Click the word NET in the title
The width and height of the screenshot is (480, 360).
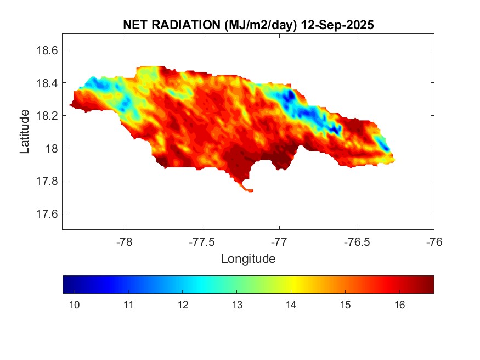click(x=135, y=25)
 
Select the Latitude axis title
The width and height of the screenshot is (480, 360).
click(x=25, y=131)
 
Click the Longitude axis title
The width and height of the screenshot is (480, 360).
click(x=248, y=258)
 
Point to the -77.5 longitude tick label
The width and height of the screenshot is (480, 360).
click(x=202, y=241)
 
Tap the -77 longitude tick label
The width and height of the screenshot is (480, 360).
click(x=279, y=241)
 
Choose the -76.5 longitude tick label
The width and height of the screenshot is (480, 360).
click(x=357, y=241)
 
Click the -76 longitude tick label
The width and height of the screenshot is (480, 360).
click(x=434, y=241)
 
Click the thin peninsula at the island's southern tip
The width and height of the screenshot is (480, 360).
click(x=246, y=188)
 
